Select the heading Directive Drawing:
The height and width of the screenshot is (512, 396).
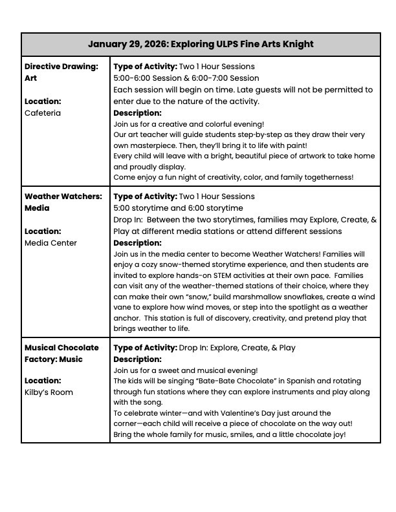click(x=61, y=66)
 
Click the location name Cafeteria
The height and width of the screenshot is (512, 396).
click(x=43, y=112)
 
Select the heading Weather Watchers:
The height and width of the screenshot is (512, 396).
click(x=63, y=196)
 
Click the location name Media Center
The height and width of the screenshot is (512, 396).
click(x=50, y=242)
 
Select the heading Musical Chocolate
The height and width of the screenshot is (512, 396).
click(x=61, y=347)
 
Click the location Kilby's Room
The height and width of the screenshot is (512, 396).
click(x=49, y=392)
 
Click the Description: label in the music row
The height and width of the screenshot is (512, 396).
click(x=137, y=359)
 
